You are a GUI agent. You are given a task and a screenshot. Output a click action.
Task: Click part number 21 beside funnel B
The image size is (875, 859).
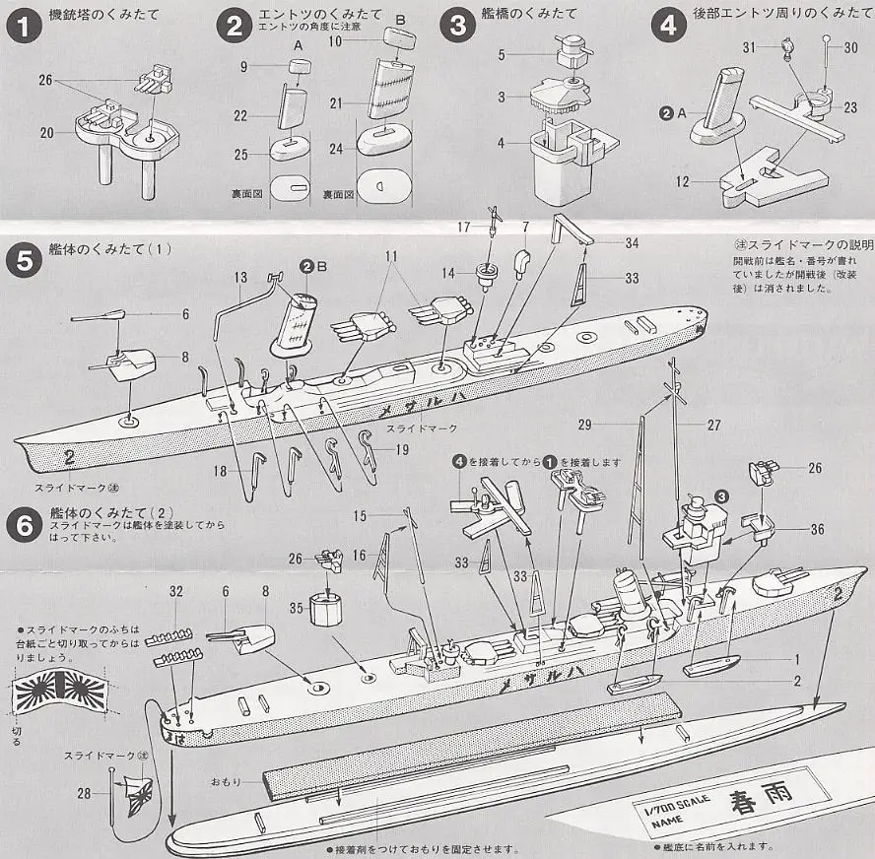[336, 100]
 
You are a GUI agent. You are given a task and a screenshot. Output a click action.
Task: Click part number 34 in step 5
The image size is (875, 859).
[632, 243]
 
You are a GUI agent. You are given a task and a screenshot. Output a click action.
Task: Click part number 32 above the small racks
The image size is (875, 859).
[176, 591]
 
